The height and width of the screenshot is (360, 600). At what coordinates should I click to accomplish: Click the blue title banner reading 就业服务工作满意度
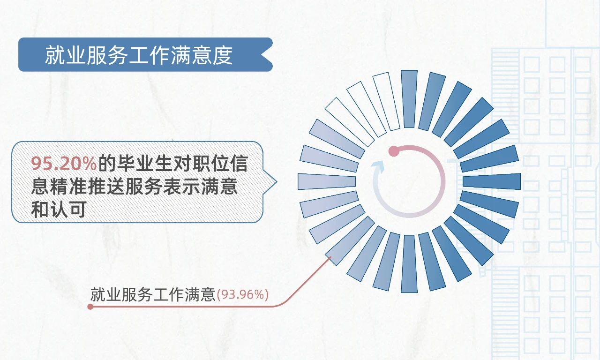pos(145,55)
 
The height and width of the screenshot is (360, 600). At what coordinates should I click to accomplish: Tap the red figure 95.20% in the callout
pos(64,163)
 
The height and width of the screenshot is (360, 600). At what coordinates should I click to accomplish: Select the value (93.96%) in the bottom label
pos(242,295)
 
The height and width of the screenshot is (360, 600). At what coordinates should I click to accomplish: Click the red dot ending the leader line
pos(90,307)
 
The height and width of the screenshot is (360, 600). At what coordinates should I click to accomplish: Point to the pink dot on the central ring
pos(394,151)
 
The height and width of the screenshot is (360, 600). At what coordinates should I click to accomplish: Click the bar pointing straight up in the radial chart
pos(409,99)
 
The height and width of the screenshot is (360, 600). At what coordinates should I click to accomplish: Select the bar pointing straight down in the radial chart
pos(409,264)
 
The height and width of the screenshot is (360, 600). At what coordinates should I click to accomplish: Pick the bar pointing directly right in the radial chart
pos(492,181)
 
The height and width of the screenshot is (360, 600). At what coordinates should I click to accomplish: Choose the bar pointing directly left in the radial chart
pos(327,181)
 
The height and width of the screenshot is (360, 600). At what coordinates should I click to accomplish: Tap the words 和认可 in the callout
pos(59,209)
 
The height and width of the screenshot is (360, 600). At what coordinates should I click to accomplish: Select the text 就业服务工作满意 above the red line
pos(153,295)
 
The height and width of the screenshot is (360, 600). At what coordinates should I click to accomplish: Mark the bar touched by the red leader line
pos(350,241)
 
